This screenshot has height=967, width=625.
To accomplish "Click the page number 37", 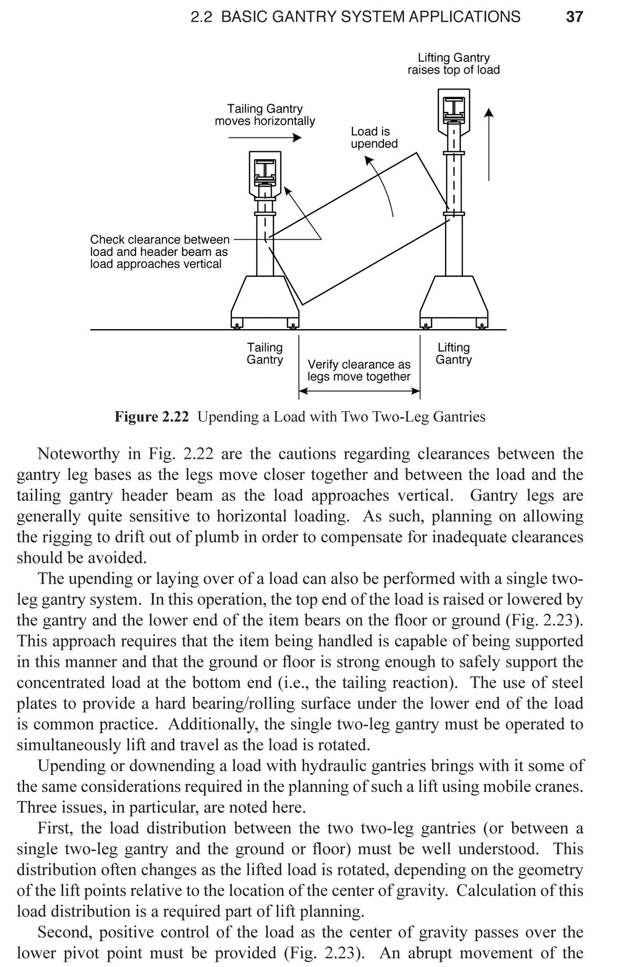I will point(574,17).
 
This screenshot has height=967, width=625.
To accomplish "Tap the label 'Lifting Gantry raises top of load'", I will point(454,64).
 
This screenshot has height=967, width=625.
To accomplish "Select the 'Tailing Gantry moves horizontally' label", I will point(265,115).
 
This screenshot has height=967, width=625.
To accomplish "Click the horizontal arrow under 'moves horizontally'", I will point(265,137).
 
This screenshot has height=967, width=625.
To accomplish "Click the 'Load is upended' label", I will point(374,137).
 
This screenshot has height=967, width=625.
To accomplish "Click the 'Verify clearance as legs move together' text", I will point(359,371).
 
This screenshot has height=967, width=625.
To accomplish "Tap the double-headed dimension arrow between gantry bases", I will point(359,391).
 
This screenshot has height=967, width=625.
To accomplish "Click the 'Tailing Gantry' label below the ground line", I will point(265,354).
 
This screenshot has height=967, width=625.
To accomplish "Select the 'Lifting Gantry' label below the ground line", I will point(454,354).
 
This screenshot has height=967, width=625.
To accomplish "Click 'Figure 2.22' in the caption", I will point(151,417).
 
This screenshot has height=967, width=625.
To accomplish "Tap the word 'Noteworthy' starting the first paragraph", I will point(78,454).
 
